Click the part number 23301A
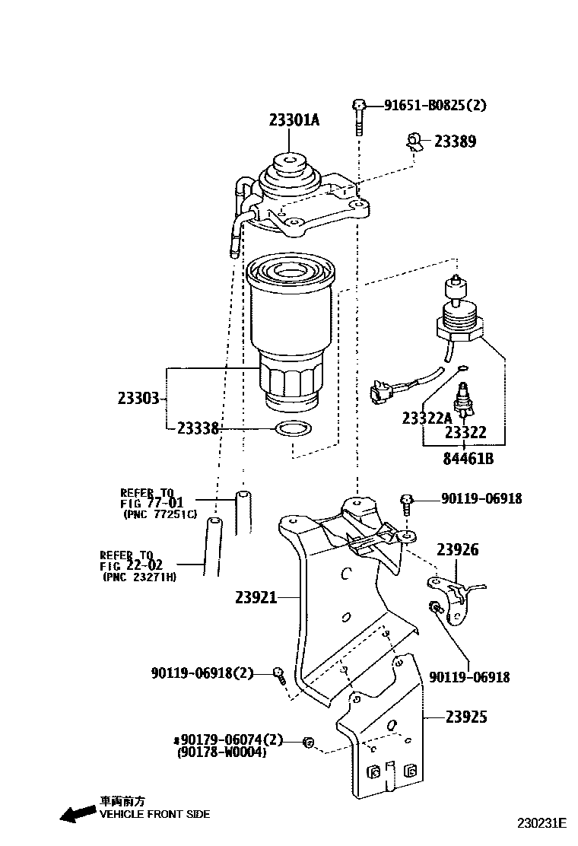tap(294, 119)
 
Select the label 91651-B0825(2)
tap(434, 105)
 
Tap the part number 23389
tap(456, 142)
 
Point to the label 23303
tap(138, 398)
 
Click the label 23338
tap(198, 429)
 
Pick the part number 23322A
tap(427, 418)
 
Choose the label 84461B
tap(468, 459)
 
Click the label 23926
tap(457, 549)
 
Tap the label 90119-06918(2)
tap(202, 673)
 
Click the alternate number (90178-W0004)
tap(221, 752)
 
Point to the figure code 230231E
tap(542, 823)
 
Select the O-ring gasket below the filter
tap(293, 428)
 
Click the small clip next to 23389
tap(414, 142)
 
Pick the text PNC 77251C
tap(160, 514)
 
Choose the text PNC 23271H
tap(139, 577)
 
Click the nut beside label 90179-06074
tap(308, 741)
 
